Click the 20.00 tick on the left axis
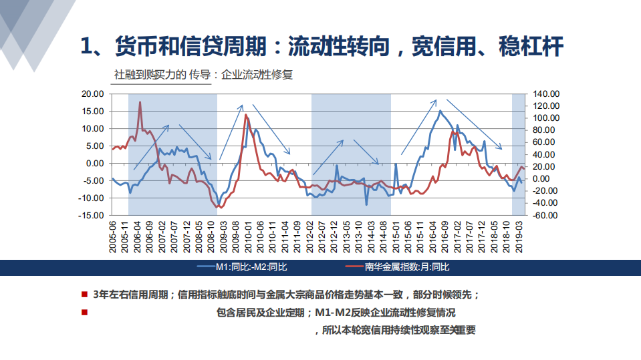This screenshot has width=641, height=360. (92, 94)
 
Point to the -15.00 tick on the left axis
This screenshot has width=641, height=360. (90, 216)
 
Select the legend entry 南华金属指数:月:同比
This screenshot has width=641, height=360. (407, 267)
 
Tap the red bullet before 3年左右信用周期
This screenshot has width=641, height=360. (84, 294)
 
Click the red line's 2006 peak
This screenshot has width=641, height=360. (140, 102)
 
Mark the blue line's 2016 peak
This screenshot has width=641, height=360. (440, 111)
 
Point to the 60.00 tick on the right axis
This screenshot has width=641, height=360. (545, 142)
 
